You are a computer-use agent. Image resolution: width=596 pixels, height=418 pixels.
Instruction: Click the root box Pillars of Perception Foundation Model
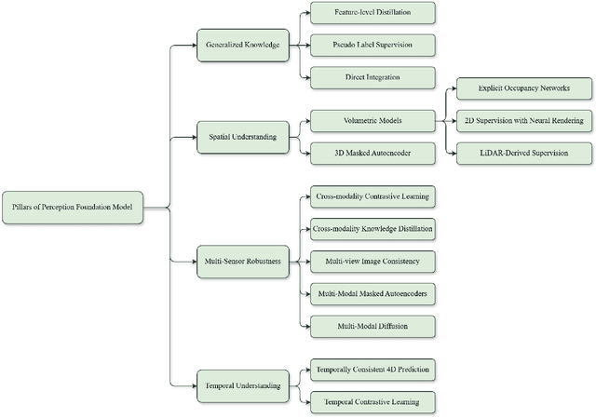(x=74, y=207)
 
